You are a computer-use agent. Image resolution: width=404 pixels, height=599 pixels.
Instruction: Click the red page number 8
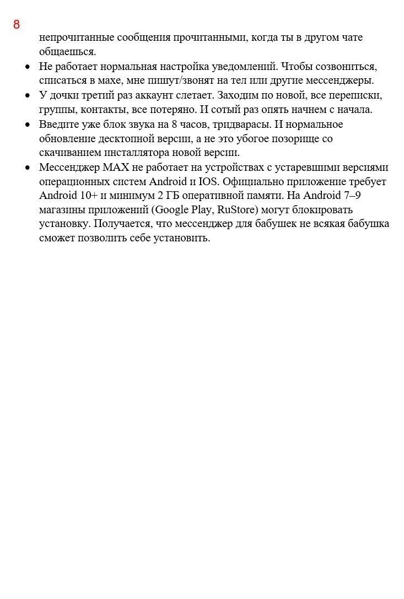17,25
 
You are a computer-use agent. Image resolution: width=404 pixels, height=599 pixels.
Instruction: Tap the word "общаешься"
67,52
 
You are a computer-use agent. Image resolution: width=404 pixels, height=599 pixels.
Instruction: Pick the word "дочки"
62,95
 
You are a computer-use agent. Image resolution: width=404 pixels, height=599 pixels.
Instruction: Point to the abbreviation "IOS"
209,181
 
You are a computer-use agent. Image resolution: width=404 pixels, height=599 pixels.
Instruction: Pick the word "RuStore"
237,210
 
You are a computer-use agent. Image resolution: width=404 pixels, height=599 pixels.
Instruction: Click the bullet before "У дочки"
28,96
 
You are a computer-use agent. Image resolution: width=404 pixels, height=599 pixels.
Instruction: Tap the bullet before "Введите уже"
28,125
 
